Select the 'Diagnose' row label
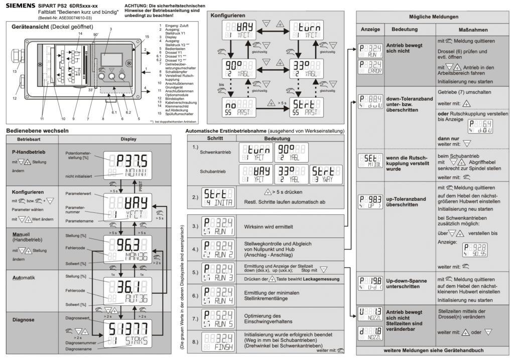[23, 319]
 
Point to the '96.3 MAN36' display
[123, 249]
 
